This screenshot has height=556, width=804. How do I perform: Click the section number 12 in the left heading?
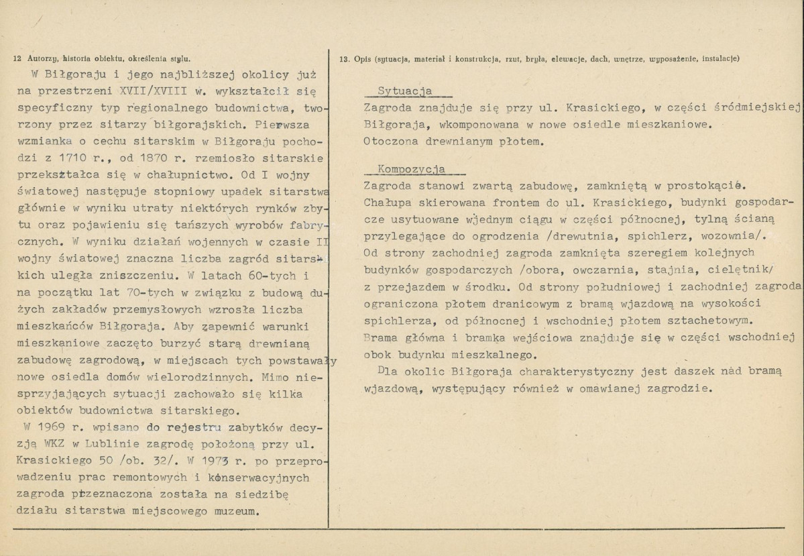[x=17, y=58]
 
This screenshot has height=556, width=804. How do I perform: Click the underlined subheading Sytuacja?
[x=405, y=91]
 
